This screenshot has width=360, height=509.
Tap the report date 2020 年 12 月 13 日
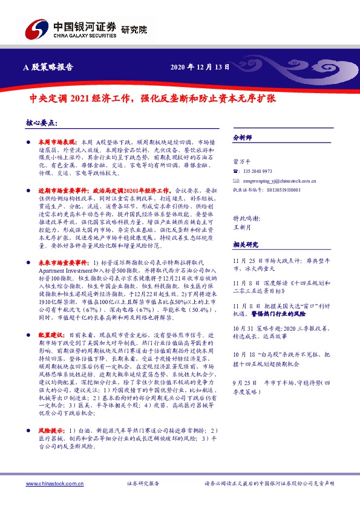[201, 68]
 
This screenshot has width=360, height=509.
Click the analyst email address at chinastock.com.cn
[278, 180]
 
